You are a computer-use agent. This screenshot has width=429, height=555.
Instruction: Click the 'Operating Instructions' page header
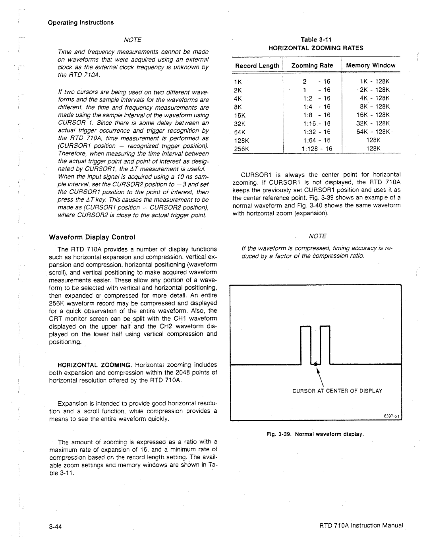click(x=81, y=23)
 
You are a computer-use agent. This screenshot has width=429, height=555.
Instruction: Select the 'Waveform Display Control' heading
click(x=92, y=237)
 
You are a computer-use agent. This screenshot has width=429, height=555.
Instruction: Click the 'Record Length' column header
click(x=257, y=66)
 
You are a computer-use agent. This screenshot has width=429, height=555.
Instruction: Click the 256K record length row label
click(x=241, y=149)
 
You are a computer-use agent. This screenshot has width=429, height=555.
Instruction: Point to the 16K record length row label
click(x=240, y=115)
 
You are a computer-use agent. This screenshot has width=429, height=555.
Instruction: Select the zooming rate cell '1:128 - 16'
click(x=317, y=149)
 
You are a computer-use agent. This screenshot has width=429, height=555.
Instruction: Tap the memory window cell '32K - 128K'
click(x=374, y=124)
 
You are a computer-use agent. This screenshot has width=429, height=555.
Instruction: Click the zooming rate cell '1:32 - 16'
click(x=317, y=132)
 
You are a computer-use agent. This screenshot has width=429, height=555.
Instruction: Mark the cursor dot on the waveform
click(x=315, y=364)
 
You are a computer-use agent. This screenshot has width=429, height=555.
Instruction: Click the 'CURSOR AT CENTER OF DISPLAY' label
click(x=337, y=391)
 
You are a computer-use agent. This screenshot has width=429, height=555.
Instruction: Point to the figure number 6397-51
click(x=391, y=416)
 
